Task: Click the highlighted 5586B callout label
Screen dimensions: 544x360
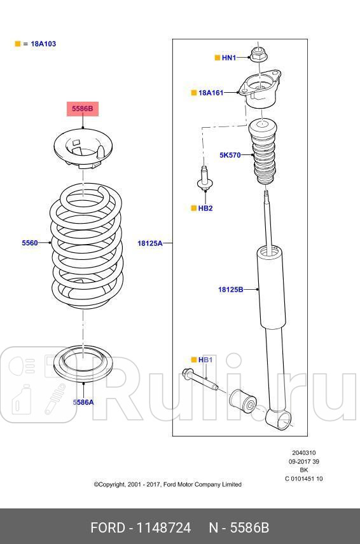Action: [x=82, y=109]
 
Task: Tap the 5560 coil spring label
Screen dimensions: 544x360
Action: [x=30, y=243]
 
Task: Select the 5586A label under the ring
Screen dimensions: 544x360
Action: [x=83, y=402]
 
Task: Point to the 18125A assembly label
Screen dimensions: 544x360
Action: [x=150, y=243]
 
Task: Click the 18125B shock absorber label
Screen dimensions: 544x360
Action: [x=231, y=289]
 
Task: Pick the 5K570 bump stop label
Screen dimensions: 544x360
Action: [x=230, y=154]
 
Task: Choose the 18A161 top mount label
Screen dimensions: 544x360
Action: [x=211, y=93]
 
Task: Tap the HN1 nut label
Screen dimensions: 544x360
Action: [x=228, y=58]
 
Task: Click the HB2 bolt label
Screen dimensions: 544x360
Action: [x=205, y=208]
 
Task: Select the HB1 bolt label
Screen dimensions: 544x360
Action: [x=205, y=360]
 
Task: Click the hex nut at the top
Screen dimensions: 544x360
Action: [x=258, y=54]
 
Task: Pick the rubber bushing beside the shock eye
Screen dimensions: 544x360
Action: [x=244, y=400]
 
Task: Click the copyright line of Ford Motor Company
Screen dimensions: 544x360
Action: [x=167, y=484]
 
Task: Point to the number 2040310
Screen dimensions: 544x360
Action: [x=303, y=454]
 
